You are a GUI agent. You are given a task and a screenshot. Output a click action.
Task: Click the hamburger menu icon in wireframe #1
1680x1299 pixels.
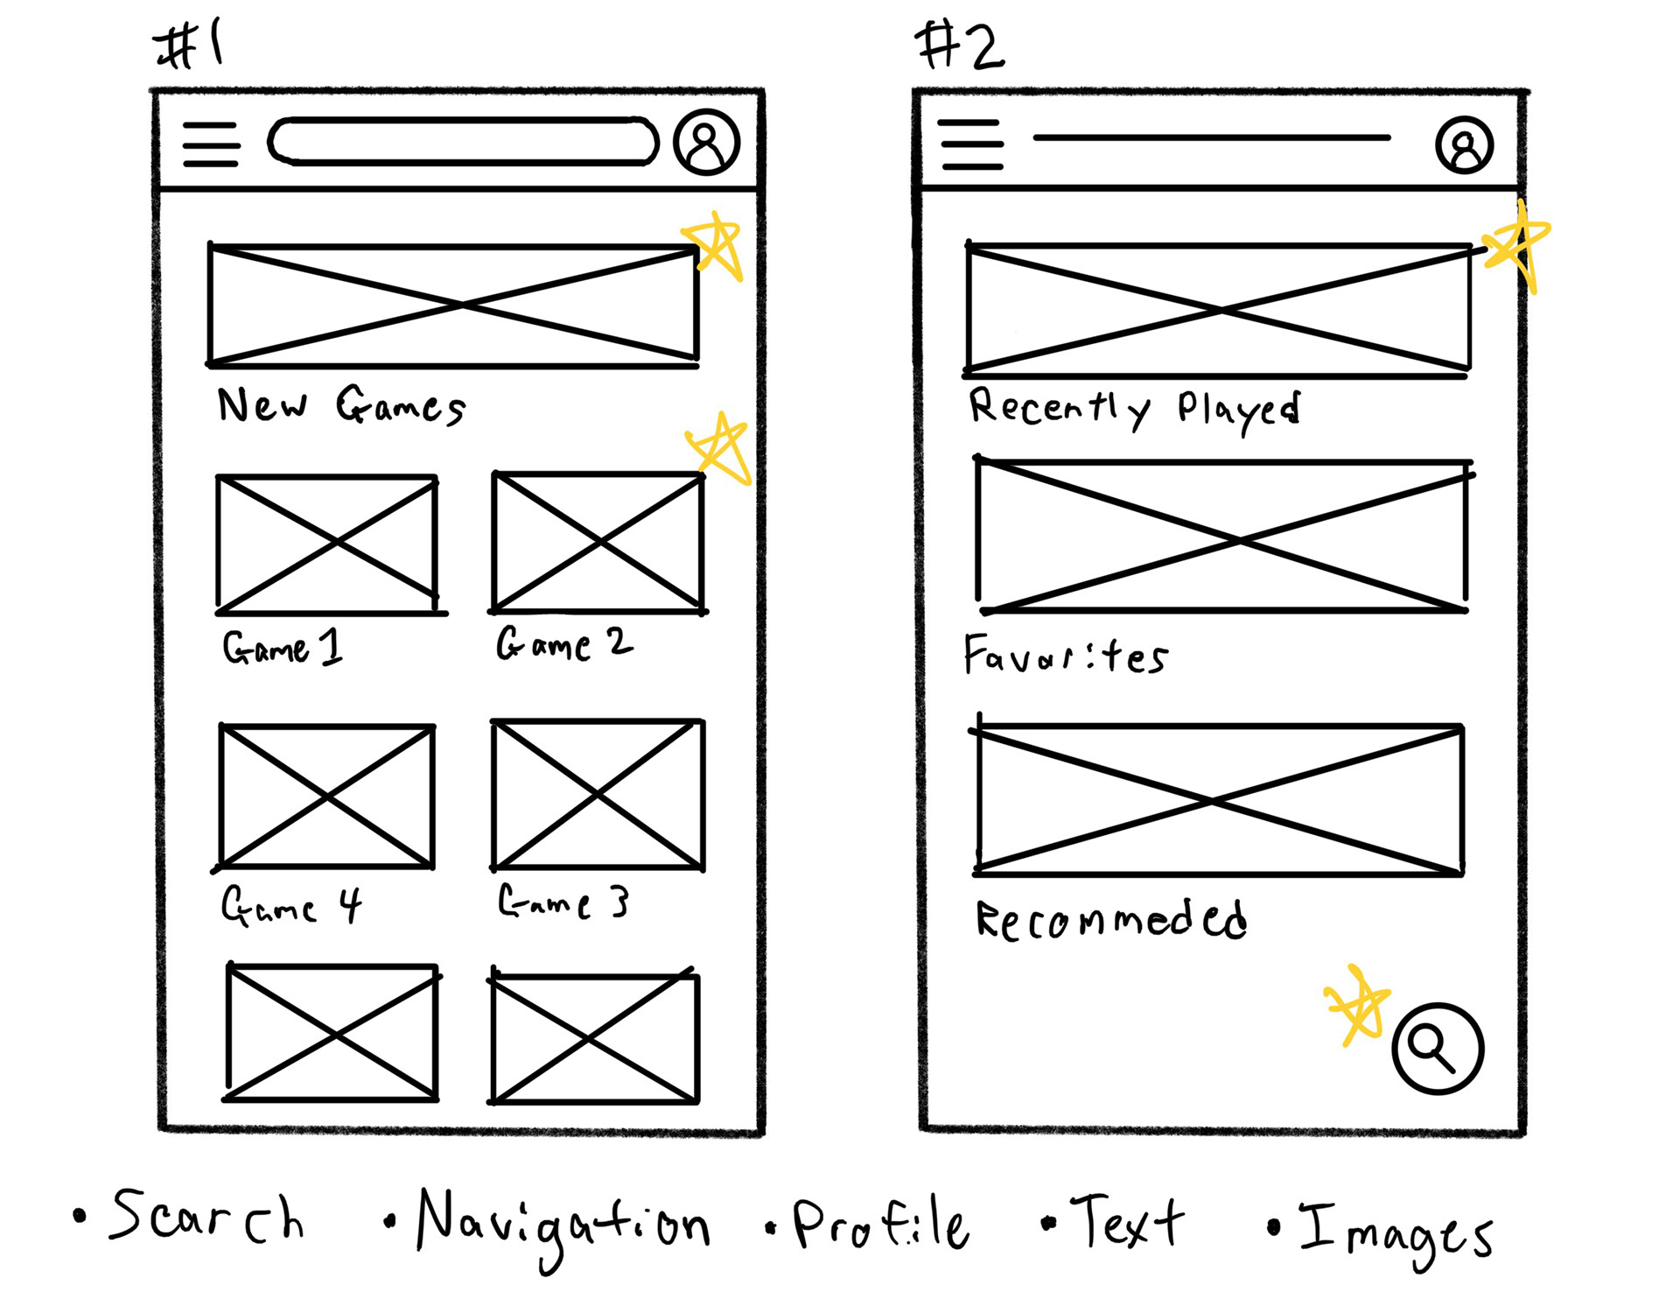[x=211, y=144]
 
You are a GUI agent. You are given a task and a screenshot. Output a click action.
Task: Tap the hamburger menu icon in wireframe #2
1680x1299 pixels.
[x=970, y=144]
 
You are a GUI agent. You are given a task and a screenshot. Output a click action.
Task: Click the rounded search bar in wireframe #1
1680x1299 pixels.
[x=463, y=142]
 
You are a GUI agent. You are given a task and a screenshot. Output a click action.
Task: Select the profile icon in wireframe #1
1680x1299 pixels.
[x=707, y=142]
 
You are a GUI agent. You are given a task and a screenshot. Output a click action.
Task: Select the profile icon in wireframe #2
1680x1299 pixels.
[x=1464, y=145]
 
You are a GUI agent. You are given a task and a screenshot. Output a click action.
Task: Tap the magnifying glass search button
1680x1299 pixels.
[x=1437, y=1048]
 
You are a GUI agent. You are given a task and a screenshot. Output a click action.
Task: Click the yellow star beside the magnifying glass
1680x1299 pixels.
[x=1358, y=1004]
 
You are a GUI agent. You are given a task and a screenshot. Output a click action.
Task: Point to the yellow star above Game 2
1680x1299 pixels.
[x=720, y=448]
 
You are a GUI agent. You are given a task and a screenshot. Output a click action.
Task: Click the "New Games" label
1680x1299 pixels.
[x=341, y=405]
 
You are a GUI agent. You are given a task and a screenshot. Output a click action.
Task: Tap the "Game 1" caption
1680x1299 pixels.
[x=283, y=647]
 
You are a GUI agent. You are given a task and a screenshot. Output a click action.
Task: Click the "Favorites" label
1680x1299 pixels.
[x=1066, y=656]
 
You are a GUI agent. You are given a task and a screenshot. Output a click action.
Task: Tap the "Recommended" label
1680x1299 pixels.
[x=1111, y=920]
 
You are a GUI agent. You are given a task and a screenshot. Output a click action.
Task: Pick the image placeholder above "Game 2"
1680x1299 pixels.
[x=598, y=543]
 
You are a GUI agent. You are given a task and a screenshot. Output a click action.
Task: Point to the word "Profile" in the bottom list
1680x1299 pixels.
[x=879, y=1222]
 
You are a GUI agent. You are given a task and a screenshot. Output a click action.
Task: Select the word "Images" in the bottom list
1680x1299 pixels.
[x=1395, y=1231]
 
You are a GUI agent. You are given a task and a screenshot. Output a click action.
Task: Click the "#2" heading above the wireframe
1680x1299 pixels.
[x=960, y=46]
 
